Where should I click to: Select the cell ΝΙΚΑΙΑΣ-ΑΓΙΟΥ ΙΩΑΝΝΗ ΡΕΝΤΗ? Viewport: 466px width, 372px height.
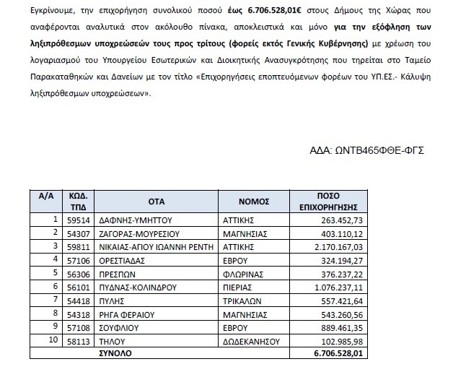145,246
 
